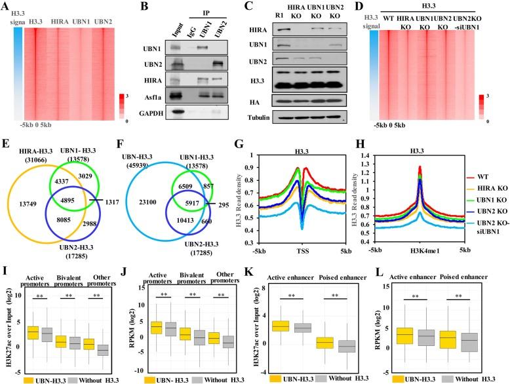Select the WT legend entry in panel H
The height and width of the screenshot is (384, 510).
[484, 159]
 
